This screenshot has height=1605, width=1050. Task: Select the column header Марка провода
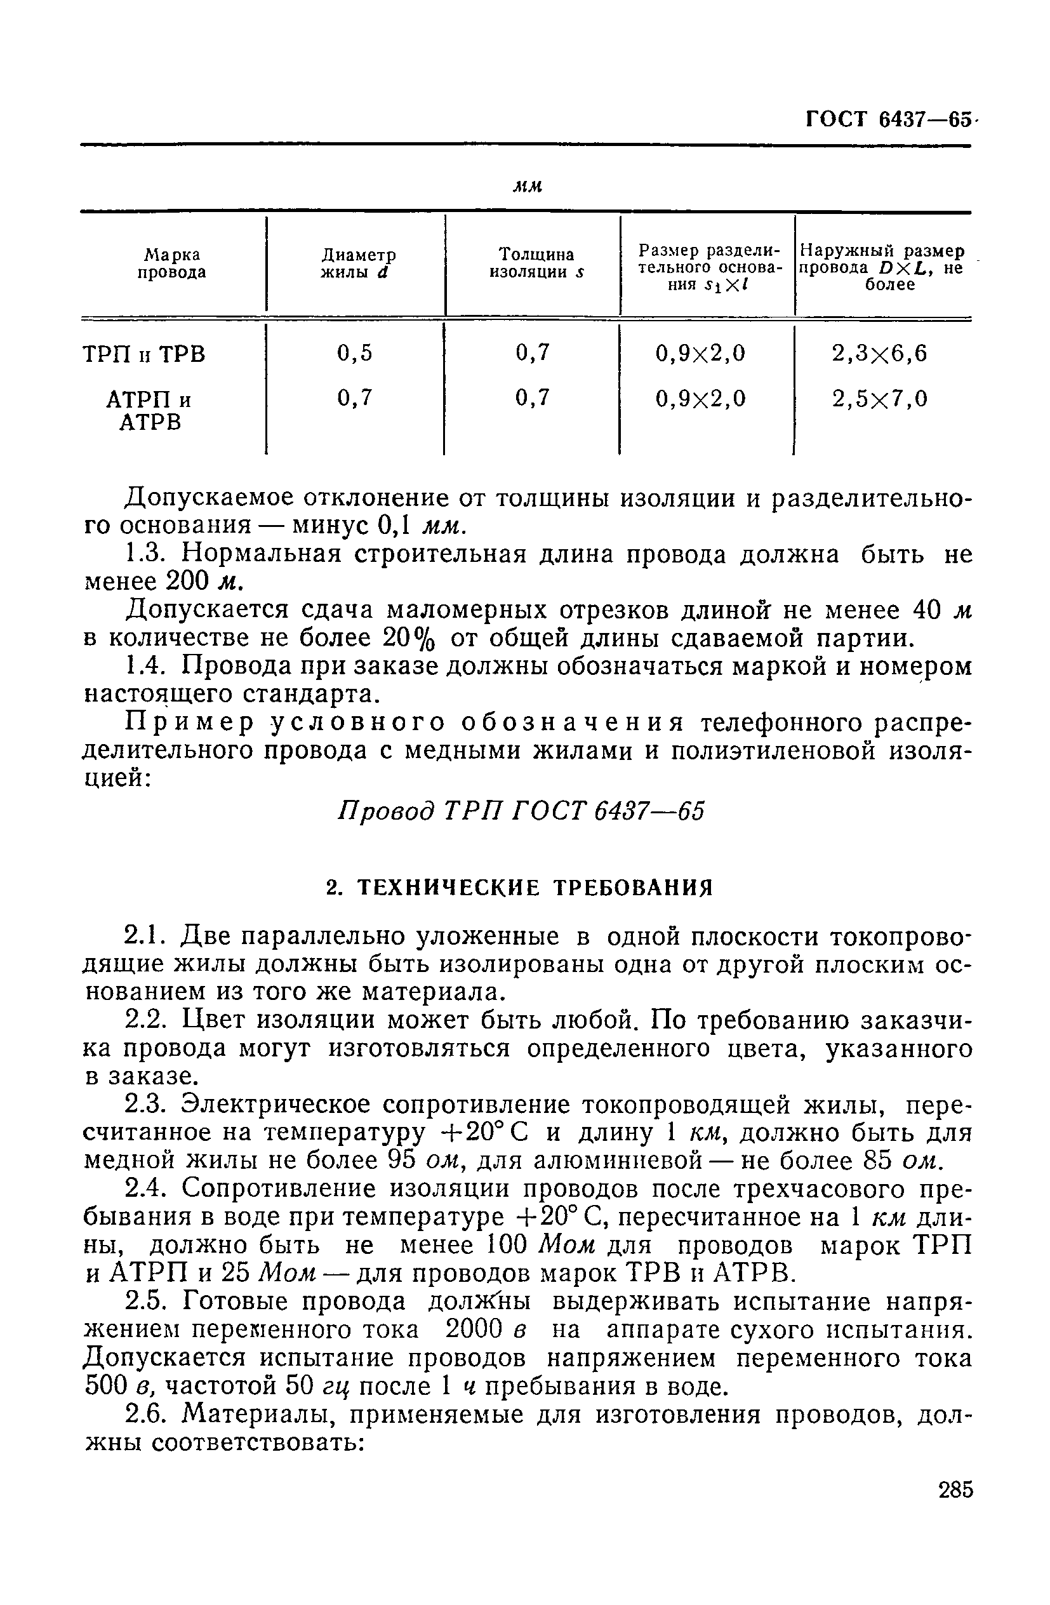click(172, 263)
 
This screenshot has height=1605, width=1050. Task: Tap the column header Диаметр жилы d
click(357, 263)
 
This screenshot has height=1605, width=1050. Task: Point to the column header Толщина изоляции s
click(536, 263)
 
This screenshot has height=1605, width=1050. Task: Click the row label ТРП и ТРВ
click(143, 355)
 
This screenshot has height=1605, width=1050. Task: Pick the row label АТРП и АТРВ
click(150, 411)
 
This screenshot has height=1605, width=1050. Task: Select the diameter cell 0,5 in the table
click(355, 354)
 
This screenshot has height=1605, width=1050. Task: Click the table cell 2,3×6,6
click(879, 354)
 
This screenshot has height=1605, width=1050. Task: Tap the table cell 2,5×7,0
click(879, 399)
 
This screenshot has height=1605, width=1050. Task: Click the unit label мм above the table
click(528, 187)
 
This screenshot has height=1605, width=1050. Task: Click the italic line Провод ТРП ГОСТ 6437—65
click(520, 811)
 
